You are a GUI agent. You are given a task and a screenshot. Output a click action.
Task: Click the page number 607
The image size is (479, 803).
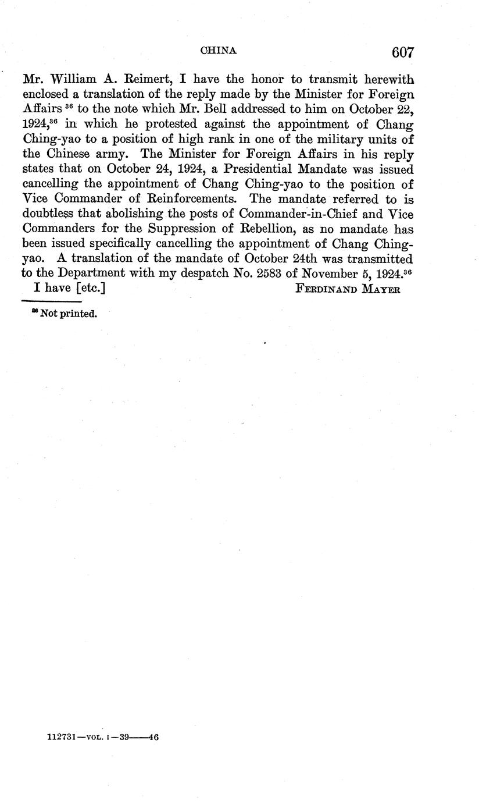402,52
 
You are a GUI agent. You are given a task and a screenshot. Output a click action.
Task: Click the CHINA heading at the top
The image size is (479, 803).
219,51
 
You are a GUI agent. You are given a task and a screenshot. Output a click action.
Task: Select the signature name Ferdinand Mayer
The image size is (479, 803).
348,289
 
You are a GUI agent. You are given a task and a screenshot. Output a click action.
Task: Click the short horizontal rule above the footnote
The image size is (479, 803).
51,301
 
